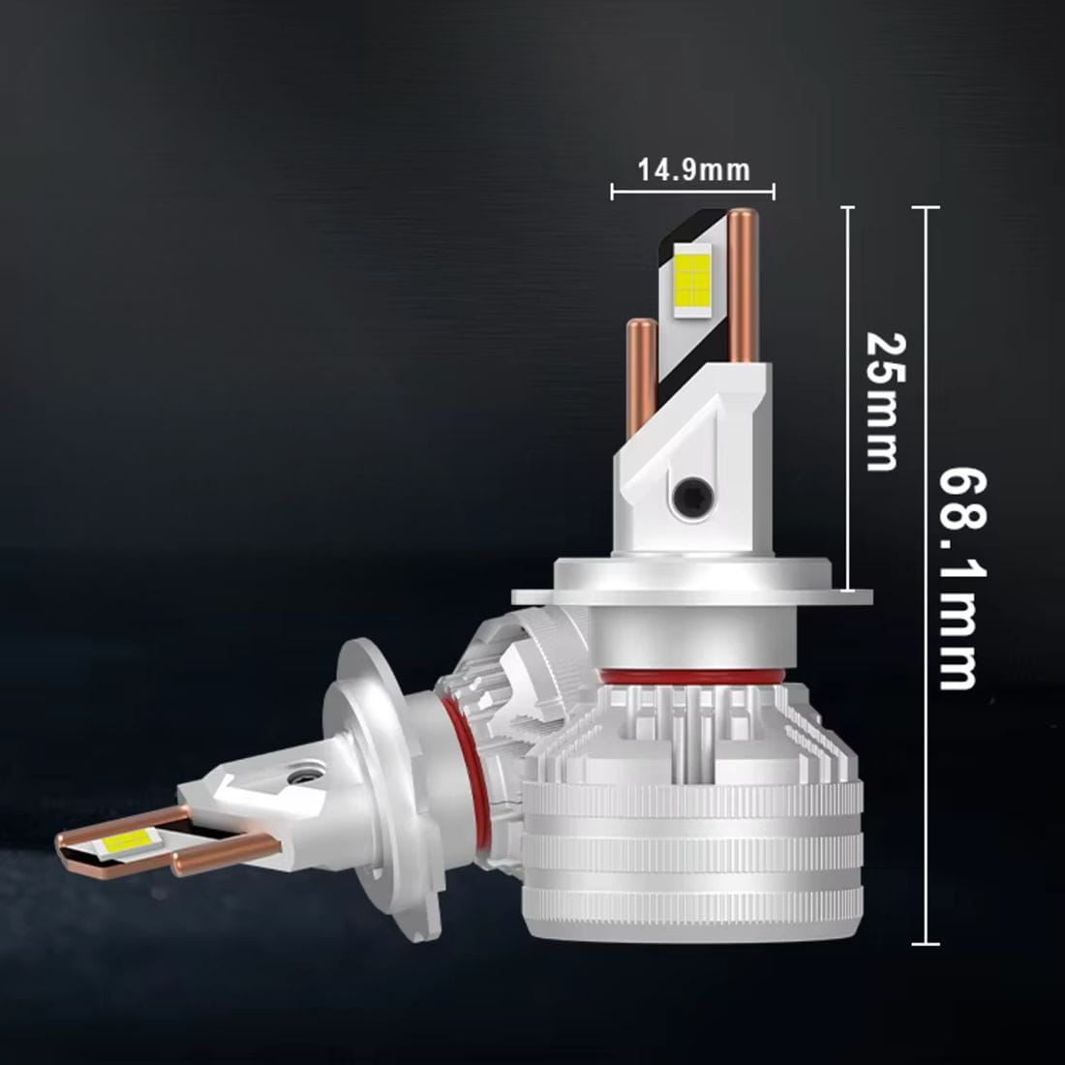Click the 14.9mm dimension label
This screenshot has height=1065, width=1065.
click(x=693, y=169)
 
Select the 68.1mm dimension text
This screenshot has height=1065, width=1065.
click(x=961, y=578)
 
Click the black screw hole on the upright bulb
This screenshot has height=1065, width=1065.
click(x=691, y=493)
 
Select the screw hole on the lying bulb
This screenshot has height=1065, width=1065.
click(x=302, y=776)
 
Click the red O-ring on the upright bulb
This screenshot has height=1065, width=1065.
click(x=691, y=677)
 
